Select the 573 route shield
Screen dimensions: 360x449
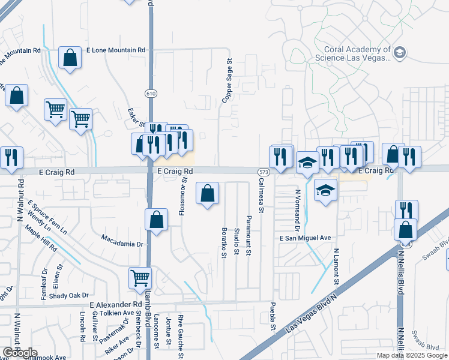[x=262, y=172]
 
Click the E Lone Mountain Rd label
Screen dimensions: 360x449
[x=116, y=50]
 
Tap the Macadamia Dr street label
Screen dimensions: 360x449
[x=124, y=244]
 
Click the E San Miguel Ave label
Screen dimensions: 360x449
[x=305, y=238]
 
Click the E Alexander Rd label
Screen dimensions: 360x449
[x=115, y=305]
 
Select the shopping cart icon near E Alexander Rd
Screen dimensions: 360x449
[x=140, y=277]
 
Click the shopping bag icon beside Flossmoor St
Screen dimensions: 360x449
[x=207, y=193]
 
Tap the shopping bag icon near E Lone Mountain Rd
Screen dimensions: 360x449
[x=70, y=58]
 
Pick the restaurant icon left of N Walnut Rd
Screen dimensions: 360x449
[x=11, y=157]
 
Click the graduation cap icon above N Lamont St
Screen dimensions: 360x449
[x=325, y=190]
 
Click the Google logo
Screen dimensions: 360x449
[x=19, y=353]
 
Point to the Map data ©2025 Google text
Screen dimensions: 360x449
[x=412, y=355]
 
